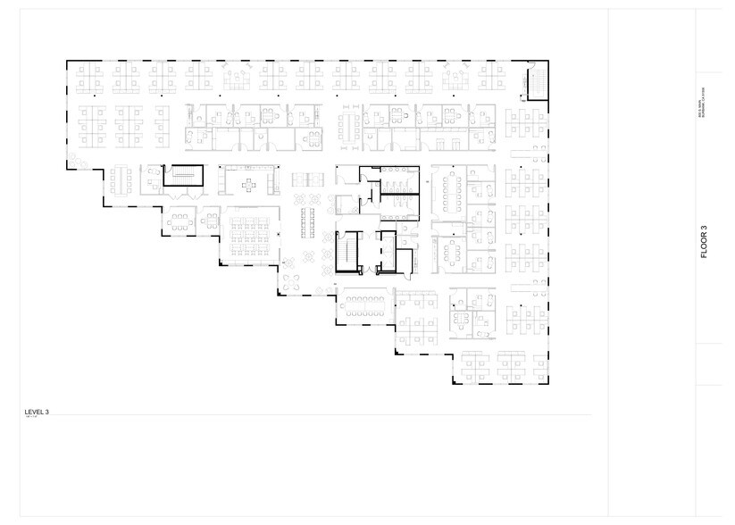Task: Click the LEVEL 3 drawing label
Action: tap(37, 412)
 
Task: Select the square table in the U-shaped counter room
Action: tap(251, 185)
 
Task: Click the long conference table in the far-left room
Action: tap(121, 181)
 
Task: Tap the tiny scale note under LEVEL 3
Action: tap(33, 417)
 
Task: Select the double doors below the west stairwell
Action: tap(185, 193)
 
